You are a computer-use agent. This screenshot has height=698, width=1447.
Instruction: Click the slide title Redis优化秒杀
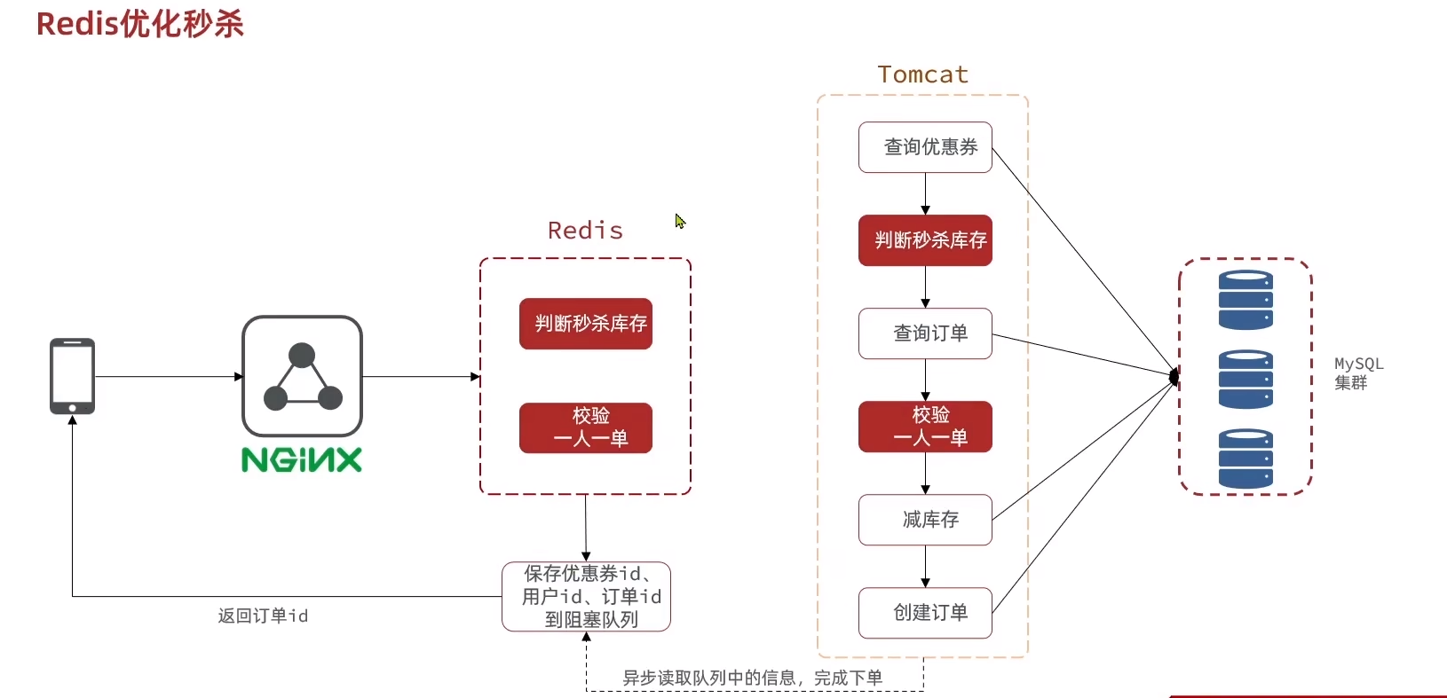tap(139, 24)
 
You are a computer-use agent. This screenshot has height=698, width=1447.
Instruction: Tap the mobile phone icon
tap(72, 376)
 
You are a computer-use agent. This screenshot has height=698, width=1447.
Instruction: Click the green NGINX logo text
tap(302, 459)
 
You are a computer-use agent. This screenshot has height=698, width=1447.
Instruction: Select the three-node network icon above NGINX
tap(302, 376)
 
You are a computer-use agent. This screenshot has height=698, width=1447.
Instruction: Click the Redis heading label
tap(585, 231)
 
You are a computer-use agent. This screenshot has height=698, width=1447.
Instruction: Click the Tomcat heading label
tap(922, 75)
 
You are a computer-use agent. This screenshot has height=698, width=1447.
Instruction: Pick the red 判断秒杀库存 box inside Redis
tap(586, 324)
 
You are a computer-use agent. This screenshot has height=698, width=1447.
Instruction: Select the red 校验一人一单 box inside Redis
tap(586, 427)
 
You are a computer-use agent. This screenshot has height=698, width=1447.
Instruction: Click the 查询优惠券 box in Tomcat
tap(925, 147)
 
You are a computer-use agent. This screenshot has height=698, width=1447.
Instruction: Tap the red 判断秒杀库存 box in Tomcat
tap(925, 240)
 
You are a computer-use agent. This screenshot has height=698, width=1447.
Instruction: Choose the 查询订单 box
tap(925, 333)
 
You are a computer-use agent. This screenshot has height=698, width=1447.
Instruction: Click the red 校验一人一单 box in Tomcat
tap(925, 427)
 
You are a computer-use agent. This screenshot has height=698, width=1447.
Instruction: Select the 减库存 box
tap(925, 520)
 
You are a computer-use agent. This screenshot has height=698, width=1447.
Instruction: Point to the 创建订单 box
tap(925, 613)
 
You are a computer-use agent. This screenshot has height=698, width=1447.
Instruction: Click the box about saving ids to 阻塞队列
tap(586, 597)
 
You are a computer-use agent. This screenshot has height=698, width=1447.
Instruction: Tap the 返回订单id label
tap(263, 616)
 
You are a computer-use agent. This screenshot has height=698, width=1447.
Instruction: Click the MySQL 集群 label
tap(1357, 373)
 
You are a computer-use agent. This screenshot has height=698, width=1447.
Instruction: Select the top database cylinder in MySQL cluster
tap(1245, 300)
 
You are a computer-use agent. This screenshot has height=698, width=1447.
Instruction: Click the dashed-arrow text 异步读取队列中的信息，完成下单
tap(752, 678)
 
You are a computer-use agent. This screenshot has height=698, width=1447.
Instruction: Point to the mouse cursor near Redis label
tap(680, 221)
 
